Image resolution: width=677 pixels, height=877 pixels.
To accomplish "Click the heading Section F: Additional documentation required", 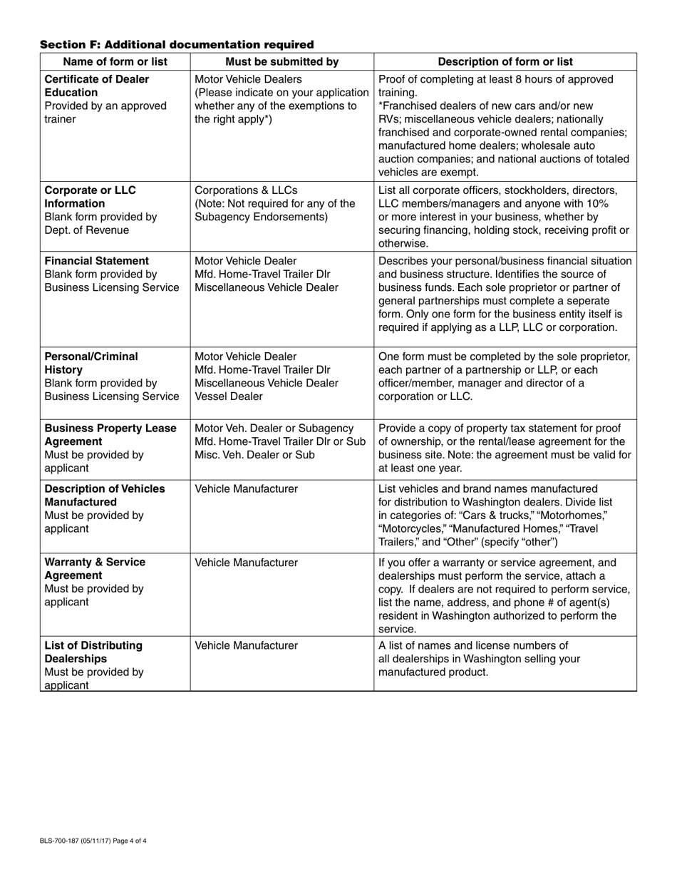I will pos(177,45).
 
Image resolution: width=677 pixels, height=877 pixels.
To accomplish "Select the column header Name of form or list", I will pos(115,61).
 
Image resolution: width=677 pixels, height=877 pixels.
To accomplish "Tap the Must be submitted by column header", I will pos(281,61).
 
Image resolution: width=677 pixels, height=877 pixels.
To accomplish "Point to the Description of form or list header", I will pos(505,61).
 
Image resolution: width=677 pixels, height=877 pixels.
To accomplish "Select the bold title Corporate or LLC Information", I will pos(90,197).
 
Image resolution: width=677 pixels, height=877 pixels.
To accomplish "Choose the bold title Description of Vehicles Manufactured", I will pos(105,495).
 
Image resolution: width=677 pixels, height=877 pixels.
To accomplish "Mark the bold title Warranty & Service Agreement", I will pos(95,568).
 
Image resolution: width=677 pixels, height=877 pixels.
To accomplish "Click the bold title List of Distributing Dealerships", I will pos(93,652).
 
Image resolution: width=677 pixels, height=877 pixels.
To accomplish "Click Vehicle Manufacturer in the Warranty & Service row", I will pos(246,563).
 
